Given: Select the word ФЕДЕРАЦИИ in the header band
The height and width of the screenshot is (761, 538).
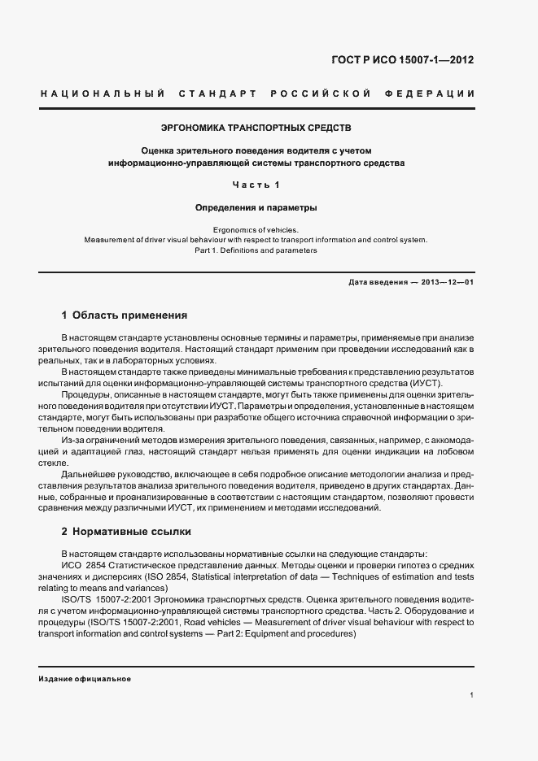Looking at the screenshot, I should (x=435, y=94).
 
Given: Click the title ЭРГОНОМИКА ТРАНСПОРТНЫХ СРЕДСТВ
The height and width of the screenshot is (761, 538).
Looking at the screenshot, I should (x=256, y=128).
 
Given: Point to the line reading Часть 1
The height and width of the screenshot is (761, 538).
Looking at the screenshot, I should (x=256, y=185).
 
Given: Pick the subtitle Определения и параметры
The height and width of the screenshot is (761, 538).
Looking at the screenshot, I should (x=256, y=207).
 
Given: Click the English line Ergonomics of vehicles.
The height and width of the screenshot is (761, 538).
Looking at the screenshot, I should (x=256, y=229).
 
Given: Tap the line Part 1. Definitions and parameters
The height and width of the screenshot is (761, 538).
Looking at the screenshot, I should (x=256, y=250).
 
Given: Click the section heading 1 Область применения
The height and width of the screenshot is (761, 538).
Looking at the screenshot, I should (x=125, y=315).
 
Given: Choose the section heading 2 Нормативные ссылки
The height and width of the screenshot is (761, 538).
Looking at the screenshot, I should (x=126, y=532).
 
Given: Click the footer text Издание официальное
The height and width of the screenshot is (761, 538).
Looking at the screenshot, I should (x=85, y=679).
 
